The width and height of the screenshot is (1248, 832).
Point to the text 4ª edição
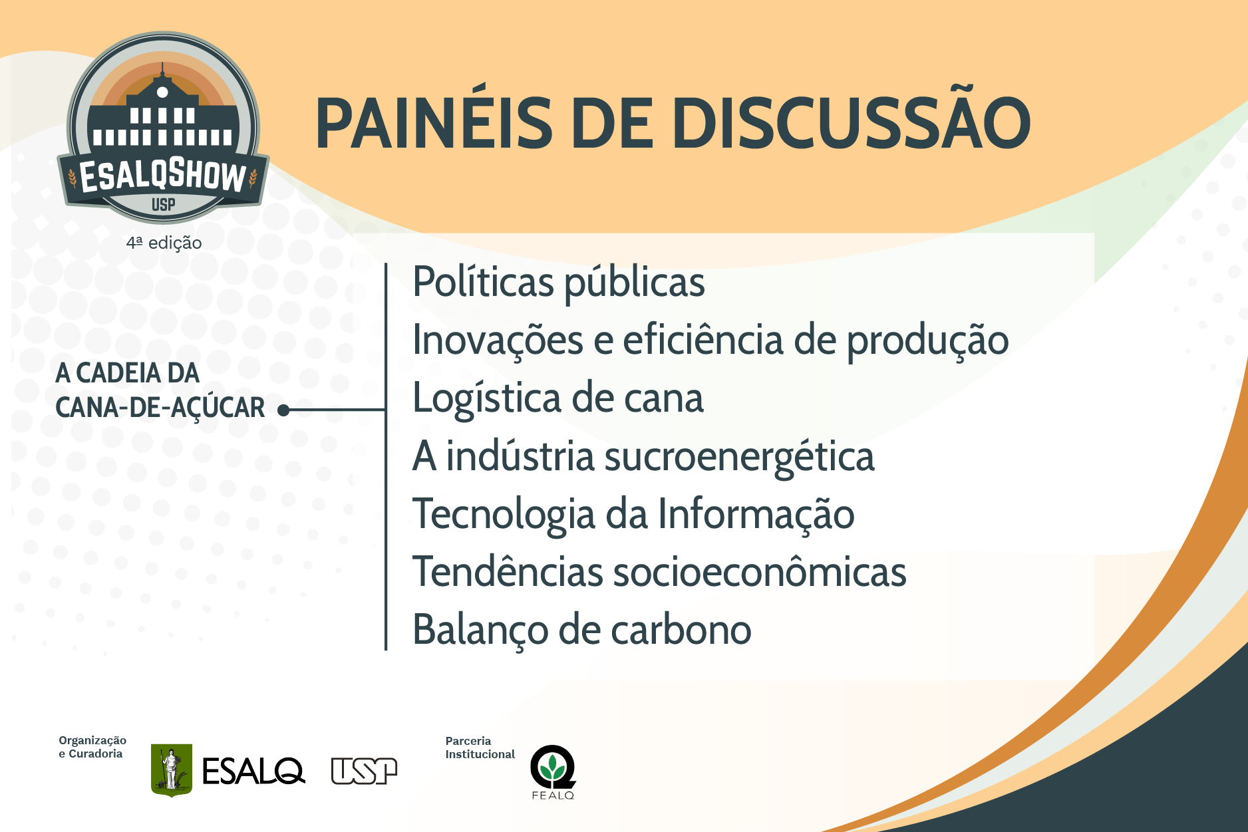pos(164,243)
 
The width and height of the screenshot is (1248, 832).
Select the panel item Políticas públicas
pos(559,283)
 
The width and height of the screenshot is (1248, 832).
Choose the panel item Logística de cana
pos(558,398)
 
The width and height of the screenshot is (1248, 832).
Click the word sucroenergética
pos(739,457)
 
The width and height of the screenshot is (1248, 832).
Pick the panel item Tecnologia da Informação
pos(633,515)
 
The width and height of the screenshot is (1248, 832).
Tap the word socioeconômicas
pos(759,571)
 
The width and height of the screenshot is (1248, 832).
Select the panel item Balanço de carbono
pos(582,630)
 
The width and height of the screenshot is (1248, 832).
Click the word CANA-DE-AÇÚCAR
pos(160,408)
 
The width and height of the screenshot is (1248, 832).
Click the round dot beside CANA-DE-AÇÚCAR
pos(283,410)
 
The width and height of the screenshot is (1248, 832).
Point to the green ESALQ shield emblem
pos(172,770)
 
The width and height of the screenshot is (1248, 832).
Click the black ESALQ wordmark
pos(253,771)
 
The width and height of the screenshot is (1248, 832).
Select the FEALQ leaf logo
pos(553,771)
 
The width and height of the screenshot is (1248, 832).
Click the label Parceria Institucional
pos(480,748)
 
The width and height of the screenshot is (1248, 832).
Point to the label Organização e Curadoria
pos(92,747)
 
